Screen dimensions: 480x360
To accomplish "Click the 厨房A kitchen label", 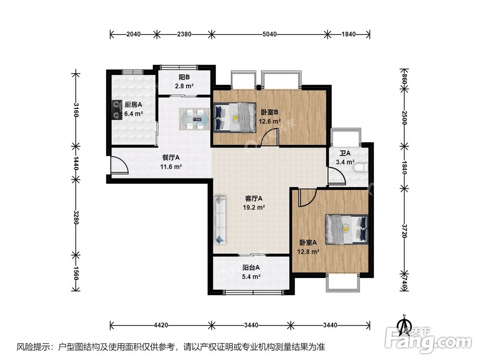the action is [x=133, y=105].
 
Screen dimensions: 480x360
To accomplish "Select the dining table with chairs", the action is [x=194, y=119].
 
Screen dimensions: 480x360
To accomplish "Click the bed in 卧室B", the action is [x=235, y=117].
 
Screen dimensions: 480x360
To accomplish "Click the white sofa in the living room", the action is [x=220, y=220].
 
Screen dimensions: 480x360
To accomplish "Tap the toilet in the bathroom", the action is [x=361, y=168].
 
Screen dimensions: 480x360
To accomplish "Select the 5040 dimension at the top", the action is [x=269, y=34].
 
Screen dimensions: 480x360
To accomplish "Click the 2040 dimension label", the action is [x=133, y=34].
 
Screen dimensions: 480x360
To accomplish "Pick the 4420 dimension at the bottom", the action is [x=161, y=325].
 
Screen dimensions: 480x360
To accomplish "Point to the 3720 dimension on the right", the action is [x=404, y=231].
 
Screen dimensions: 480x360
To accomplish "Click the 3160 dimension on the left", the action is [x=76, y=110].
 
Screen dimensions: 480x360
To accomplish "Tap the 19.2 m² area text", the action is [x=254, y=207].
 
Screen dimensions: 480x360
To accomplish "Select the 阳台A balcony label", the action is [x=251, y=267].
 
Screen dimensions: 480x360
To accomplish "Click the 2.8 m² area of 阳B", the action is [x=184, y=86].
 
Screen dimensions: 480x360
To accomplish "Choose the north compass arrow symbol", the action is [x=404, y=325].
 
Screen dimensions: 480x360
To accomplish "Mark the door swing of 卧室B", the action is [x=269, y=137].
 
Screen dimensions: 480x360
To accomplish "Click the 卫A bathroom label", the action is [x=345, y=153].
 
